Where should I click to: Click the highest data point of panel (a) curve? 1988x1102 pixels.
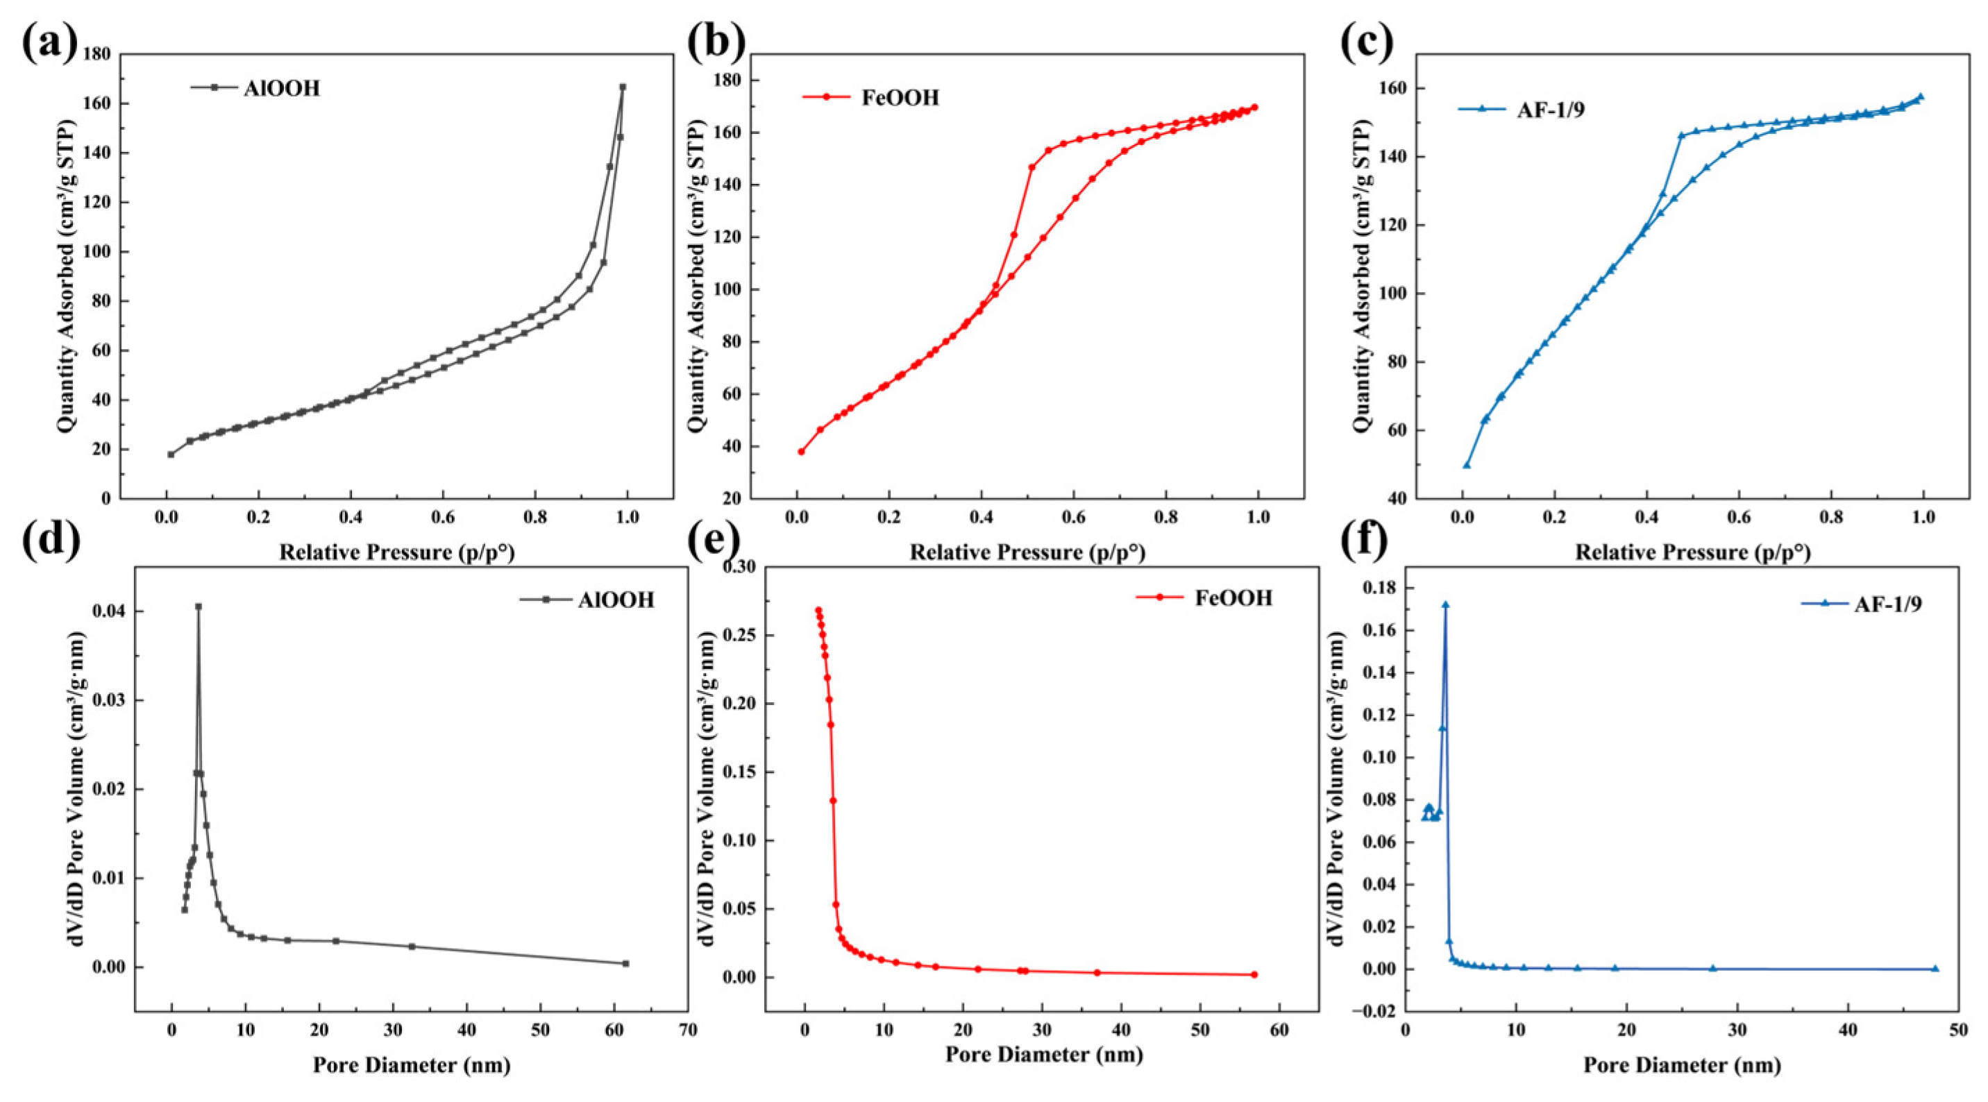pos(623,87)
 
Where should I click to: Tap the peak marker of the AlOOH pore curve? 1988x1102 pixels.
pos(199,607)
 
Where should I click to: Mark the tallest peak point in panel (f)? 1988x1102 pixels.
pos(1445,605)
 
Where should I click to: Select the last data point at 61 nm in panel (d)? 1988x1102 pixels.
pos(626,963)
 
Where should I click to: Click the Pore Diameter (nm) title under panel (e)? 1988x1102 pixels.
pos(1043,1054)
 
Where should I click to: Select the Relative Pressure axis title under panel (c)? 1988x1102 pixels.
pos(1692,552)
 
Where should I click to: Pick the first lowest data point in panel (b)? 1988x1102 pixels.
pos(801,452)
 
